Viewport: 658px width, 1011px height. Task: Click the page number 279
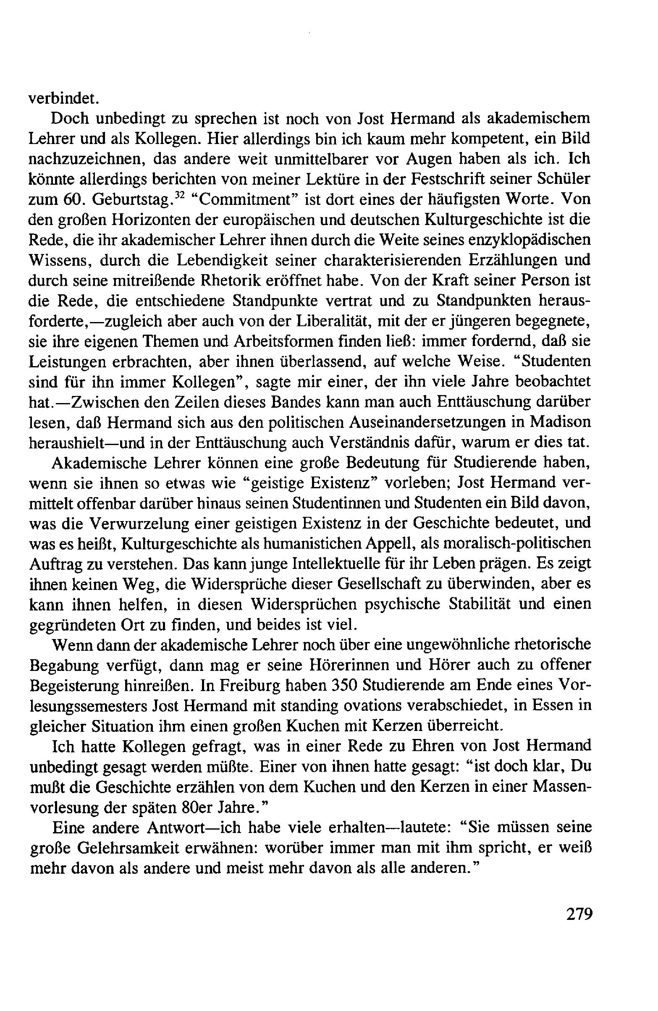click(579, 925)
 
